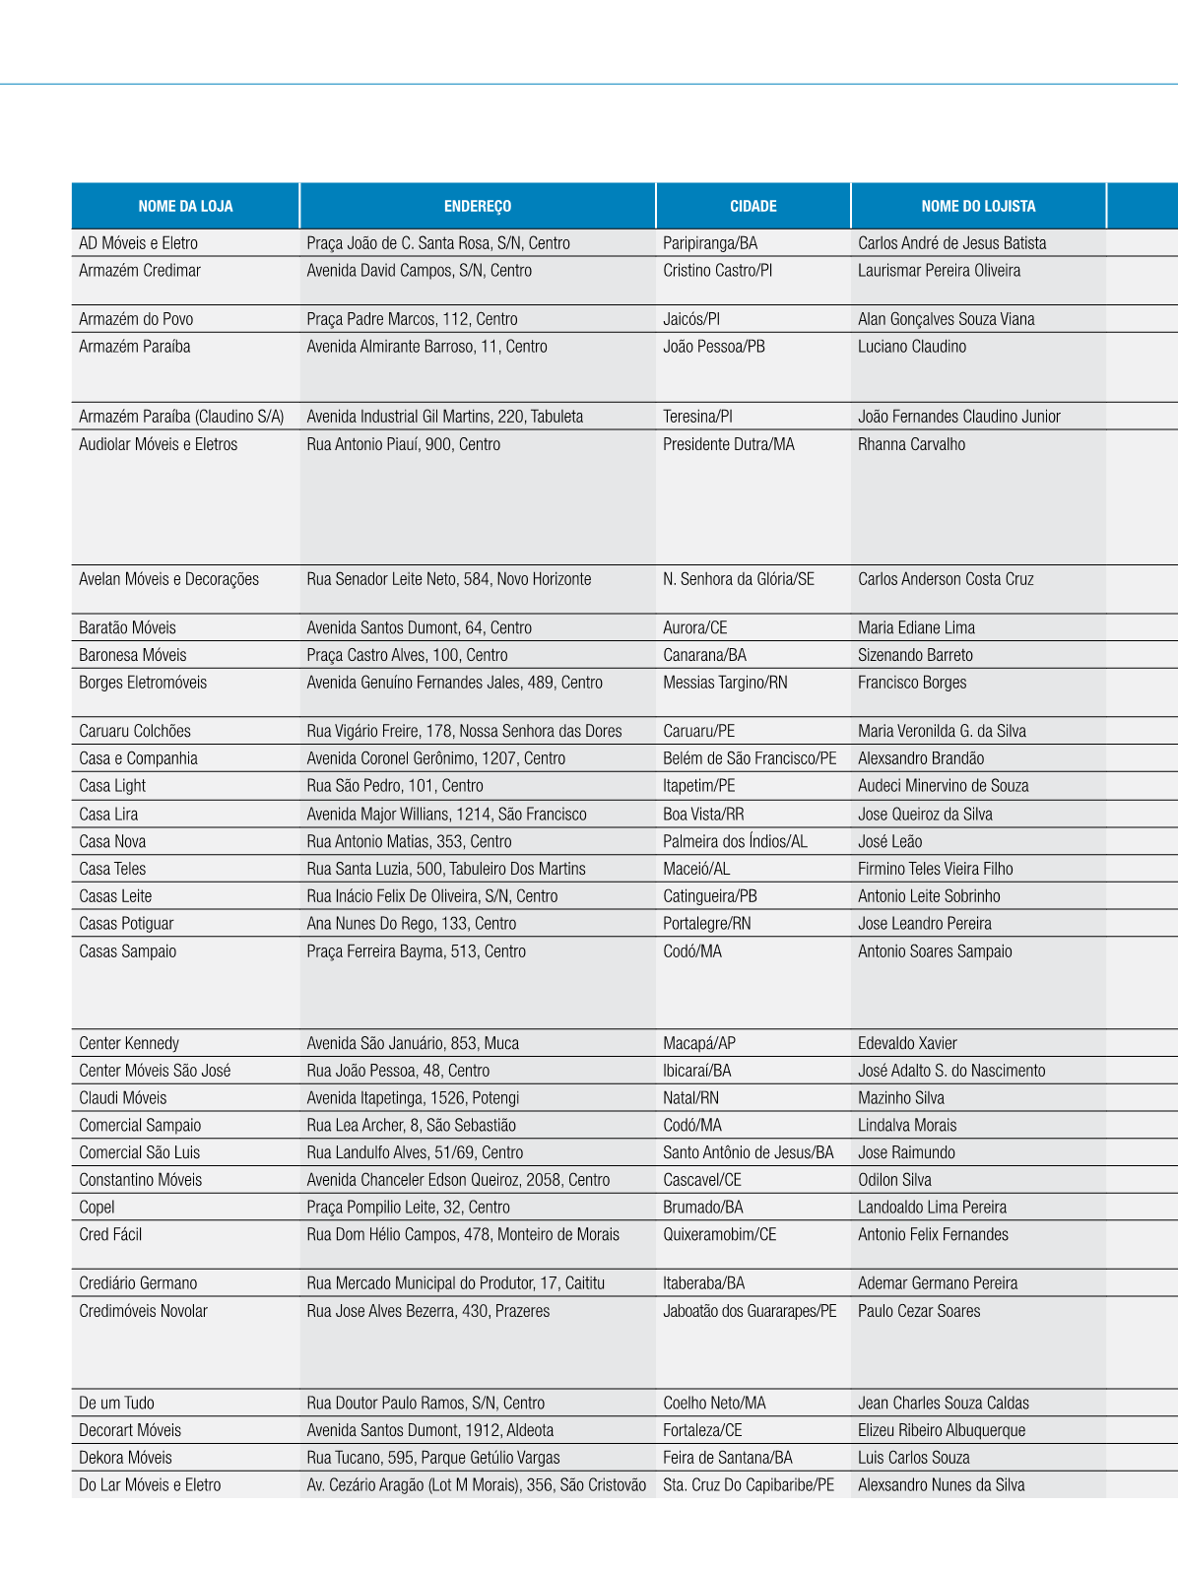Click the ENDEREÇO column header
(x=478, y=207)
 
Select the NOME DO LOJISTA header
(x=978, y=207)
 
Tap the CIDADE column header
(x=753, y=207)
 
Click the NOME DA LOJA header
(x=185, y=207)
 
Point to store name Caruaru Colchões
(x=135, y=731)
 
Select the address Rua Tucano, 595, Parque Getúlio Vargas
(x=433, y=1458)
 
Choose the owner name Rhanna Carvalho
(x=911, y=444)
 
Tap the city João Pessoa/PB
(x=714, y=347)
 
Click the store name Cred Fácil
(x=110, y=1234)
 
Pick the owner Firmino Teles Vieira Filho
(x=935, y=869)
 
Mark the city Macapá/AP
(x=699, y=1043)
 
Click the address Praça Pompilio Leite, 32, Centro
(x=408, y=1208)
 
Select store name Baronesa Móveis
(x=132, y=655)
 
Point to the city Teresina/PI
(x=697, y=417)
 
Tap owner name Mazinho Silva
(x=900, y=1098)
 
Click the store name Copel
(x=97, y=1208)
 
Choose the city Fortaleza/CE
(x=702, y=1430)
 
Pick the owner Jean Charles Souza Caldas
(x=943, y=1404)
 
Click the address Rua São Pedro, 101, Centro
(x=395, y=786)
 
